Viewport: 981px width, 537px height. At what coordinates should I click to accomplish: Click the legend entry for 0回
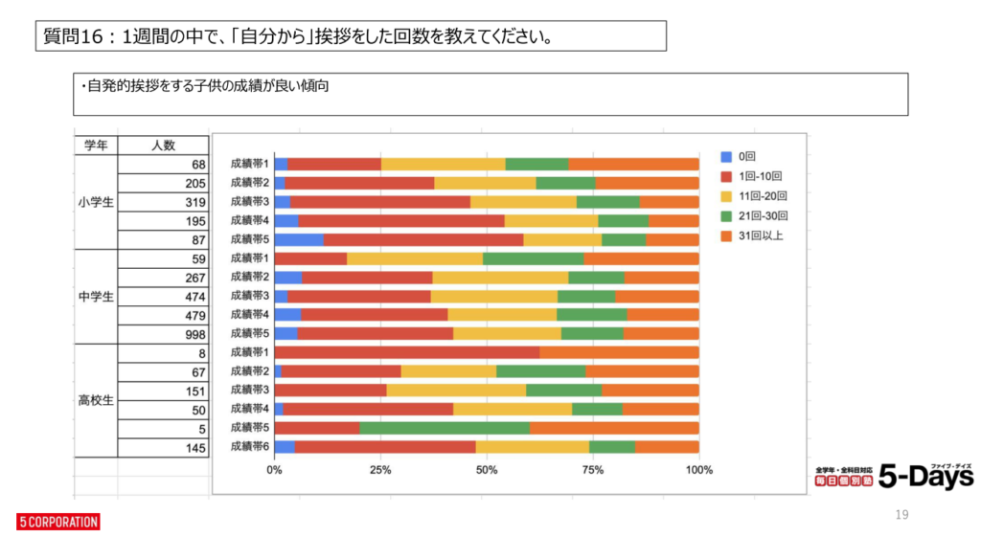point(746,156)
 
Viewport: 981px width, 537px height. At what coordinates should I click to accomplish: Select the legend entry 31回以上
point(760,235)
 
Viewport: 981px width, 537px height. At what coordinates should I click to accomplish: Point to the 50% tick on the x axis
point(487,470)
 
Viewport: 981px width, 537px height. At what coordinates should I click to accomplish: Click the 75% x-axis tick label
point(593,470)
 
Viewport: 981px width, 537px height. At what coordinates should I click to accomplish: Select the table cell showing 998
point(194,333)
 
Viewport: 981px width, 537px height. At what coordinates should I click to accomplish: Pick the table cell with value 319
point(194,202)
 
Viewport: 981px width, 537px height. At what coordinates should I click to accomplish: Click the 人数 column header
point(163,145)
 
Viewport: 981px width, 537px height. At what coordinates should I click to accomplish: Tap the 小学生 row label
point(96,202)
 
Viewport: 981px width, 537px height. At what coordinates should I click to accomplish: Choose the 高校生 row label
point(96,400)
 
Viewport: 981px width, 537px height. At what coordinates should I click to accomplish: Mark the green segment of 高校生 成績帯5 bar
point(445,427)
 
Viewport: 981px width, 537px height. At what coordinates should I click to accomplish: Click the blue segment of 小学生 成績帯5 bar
point(299,239)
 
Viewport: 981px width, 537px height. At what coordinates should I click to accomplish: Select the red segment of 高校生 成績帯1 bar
point(407,352)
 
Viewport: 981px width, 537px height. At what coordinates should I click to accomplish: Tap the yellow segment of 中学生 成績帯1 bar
point(415,258)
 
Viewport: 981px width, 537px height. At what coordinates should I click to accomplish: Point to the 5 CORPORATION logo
point(58,522)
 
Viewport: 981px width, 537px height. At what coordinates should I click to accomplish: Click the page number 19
point(901,515)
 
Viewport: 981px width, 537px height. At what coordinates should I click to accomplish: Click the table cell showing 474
point(194,296)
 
